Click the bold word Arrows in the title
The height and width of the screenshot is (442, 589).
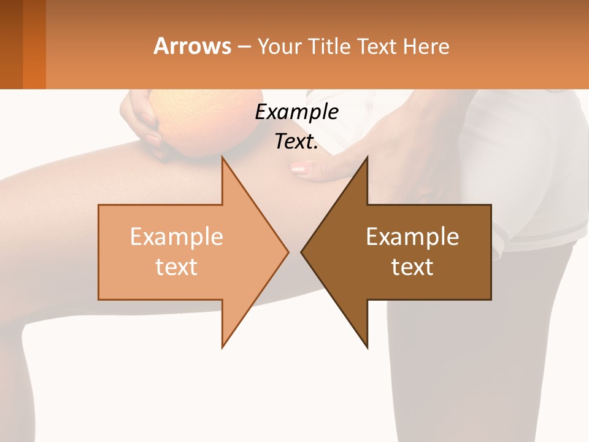coord(192,46)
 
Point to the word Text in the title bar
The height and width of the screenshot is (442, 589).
coord(379,46)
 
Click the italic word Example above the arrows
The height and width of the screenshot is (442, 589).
coord(296,112)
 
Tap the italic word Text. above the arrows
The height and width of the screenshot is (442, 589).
coord(296,142)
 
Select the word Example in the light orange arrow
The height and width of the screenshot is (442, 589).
coord(177,237)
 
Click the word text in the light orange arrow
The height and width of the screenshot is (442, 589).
coord(177,267)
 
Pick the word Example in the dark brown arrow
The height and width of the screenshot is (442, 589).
coord(412,237)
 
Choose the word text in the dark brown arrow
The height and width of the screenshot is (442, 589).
coord(412,267)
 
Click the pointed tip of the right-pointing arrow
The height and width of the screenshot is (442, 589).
coord(288,252)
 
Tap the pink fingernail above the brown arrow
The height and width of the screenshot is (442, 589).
coord(299,168)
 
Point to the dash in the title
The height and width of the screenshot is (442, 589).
coord(244,47)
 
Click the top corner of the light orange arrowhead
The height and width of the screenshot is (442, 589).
coord(223,158)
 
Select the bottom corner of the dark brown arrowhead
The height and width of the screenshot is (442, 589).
coord(367,347)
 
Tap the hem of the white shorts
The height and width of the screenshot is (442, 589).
coord(540,236)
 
